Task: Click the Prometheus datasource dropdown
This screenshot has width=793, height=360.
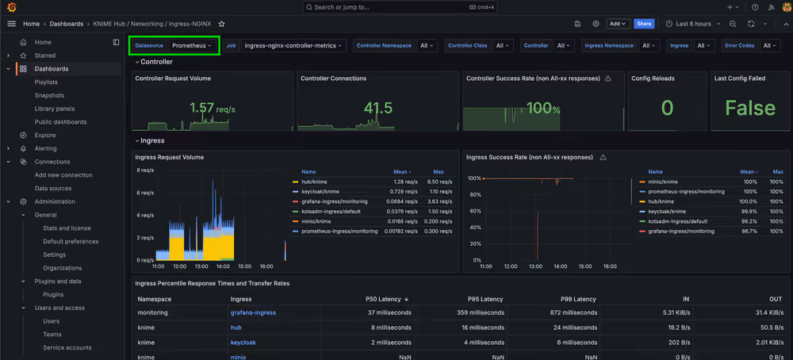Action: point(193,46)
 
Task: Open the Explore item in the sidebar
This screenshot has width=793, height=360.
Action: point(45,136)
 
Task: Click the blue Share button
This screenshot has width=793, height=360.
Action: point(644,24)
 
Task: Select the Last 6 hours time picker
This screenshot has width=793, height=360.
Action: point(688,24)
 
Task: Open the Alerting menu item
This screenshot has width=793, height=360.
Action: point(45,148)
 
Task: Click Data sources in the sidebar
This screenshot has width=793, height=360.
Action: point(53,189)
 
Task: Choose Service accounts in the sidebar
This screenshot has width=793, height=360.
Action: point(67,348)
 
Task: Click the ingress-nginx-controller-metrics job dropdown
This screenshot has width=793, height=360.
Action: point(293,46)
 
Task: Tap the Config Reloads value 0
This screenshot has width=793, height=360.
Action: point(667,109)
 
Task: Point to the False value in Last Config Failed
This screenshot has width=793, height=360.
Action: point(749,109)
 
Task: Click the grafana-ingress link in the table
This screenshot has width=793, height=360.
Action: point(253,313)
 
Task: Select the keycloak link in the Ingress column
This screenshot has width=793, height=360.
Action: point(243,343)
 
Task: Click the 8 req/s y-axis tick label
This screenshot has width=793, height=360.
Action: point(145,170)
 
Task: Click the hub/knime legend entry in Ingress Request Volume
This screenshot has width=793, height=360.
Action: point(320,182)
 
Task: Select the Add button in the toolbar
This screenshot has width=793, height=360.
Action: point(618,24)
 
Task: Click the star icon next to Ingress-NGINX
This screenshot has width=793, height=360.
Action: point(221,24)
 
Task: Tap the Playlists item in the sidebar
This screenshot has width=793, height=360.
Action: point(46,82)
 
